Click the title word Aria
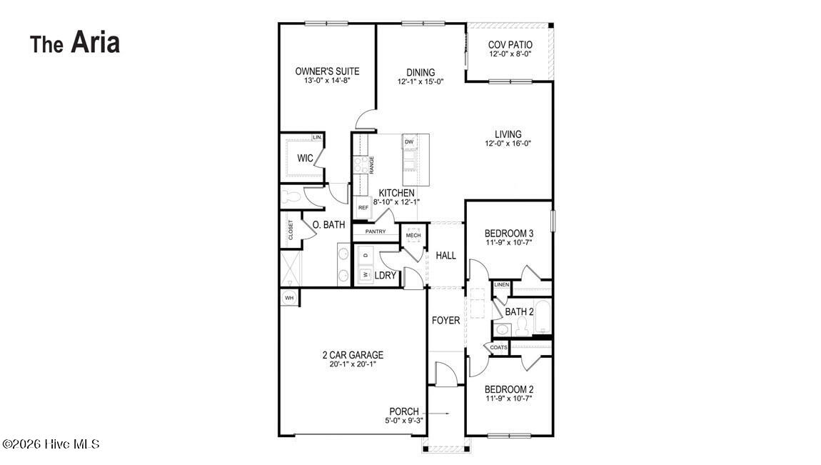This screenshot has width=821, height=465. (x=95, y=42)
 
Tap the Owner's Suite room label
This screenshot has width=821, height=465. (x=327, y=71)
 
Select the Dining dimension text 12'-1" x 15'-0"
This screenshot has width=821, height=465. (x=421, y=81)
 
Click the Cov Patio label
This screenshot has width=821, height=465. (x=510, y=45)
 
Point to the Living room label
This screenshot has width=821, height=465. (x=508, y=134)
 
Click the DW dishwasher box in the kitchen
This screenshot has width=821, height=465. (x=409, y=142)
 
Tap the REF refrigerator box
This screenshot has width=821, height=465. (x=363, y=207)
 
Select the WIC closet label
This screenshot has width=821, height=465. (x=306, y=158)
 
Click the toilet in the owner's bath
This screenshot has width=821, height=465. (x=289, y=197)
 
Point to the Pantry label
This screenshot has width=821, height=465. (x=376, y=231)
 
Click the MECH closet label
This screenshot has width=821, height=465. (x=413, y=236)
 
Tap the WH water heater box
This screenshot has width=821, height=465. (x=289, y=298)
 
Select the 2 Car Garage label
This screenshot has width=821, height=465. (x=353, y=355)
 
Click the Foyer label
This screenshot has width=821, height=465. (x=445, y=321)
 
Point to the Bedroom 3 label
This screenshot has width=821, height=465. (x=509, y=234)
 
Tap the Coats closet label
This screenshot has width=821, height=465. (x=498, y=348)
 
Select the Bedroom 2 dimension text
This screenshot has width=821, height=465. (x=509, y=399)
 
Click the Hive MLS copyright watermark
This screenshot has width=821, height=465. (x=50, y=444)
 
